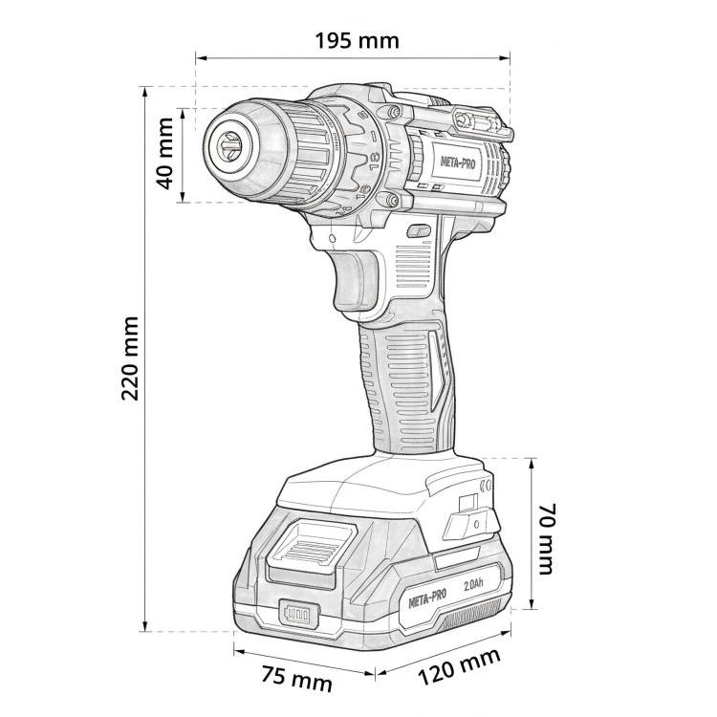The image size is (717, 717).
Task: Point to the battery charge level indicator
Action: click(x=296, y=614)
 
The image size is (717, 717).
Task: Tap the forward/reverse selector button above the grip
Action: click(x=418, y=230)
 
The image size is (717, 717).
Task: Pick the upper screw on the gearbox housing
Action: click(x=391, y=114)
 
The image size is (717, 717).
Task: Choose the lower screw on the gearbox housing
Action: click(x=391, y=200)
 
